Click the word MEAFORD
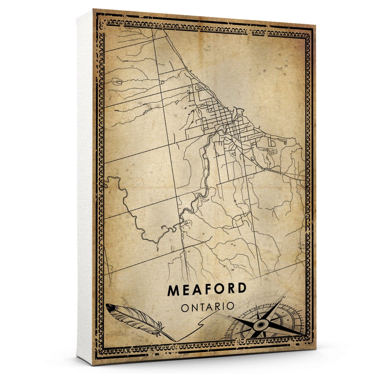pos(207,290)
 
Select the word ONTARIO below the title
pos(207,306)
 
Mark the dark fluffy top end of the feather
pos(110,307)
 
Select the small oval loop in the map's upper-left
pos(118,83)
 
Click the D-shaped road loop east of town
pos(272,143)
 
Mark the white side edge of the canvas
pos(85,187)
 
